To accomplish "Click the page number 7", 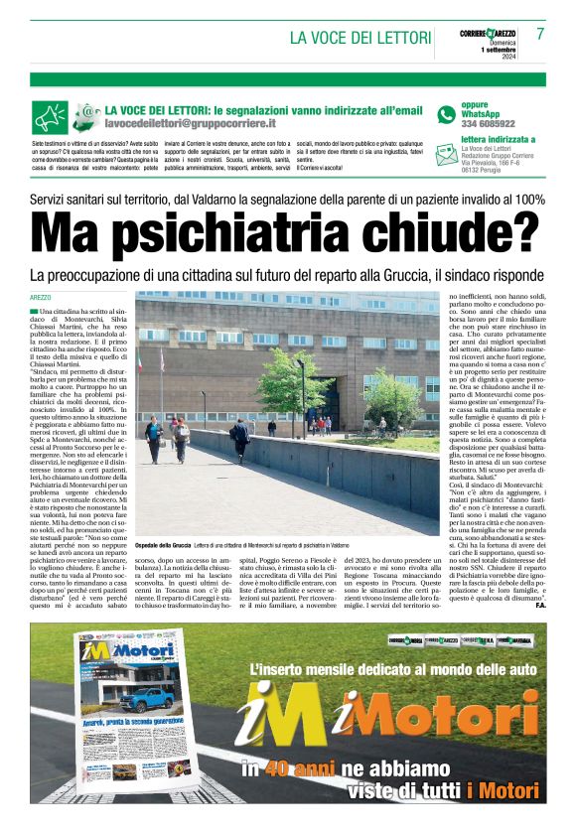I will click(540, 33).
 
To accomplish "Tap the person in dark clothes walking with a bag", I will click(240, 439).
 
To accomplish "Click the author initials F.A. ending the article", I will click(539, 606).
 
